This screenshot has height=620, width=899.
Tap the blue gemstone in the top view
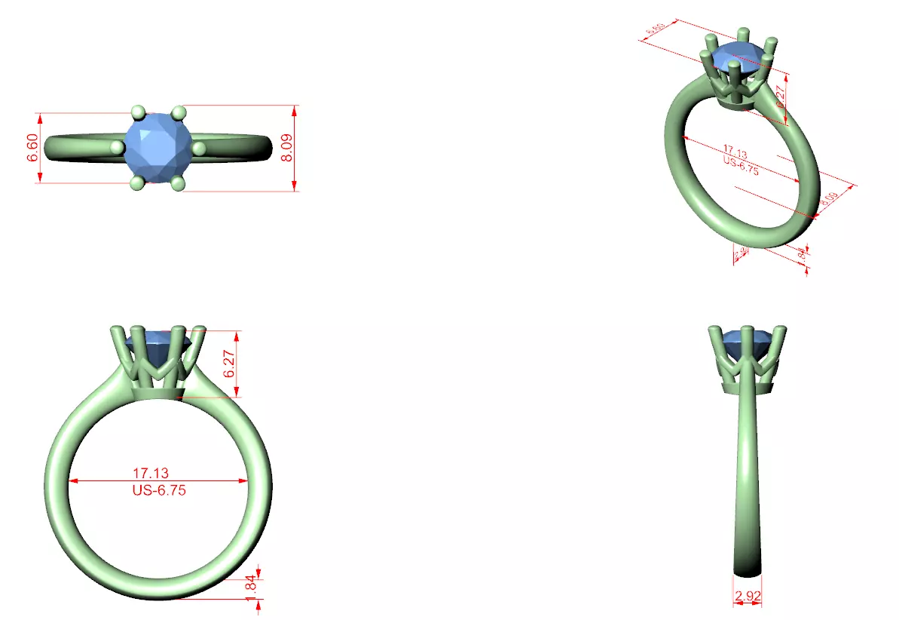pos(157,146)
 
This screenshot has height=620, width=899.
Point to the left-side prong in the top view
pos(117,147)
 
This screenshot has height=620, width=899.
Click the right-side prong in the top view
pos(199,149)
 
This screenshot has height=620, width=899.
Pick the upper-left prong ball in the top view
pos(137,112)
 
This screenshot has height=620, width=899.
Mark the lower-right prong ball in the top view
pos(179,183)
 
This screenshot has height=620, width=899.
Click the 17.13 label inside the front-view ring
pos(151,474)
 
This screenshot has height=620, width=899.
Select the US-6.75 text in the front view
pos(158,490)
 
